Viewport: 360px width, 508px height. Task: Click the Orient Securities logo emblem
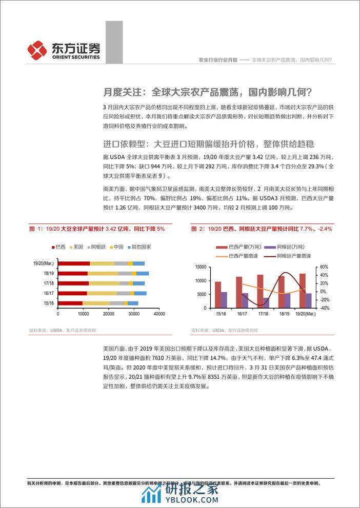click(38, 50)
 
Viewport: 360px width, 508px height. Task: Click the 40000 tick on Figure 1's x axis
click(159, 313)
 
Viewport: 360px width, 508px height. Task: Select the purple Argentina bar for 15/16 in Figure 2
click(224, 299)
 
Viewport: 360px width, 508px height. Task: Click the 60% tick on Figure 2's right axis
click(323, 267)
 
